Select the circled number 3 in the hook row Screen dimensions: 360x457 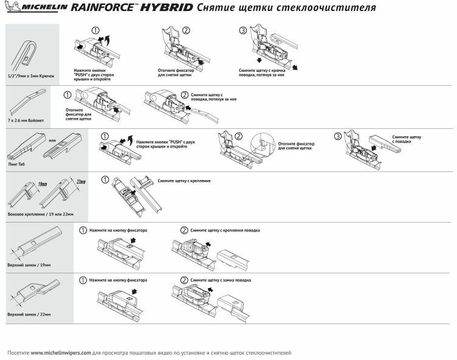(242, 30)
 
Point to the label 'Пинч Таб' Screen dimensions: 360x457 (16, 164)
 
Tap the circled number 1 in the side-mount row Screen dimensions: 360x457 (105, 180)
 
